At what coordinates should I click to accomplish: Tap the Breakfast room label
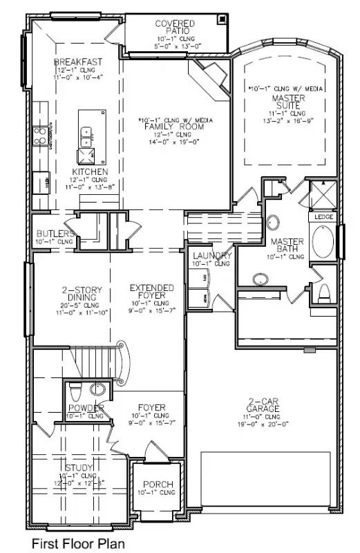pyautogui.click(x=79, y=62)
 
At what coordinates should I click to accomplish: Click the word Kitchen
pyautogui.click(x=91, y=171)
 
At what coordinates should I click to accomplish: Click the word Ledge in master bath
pyautogui.click(x=324, y=217)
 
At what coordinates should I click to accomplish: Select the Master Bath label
pyautogui.click(x=287, y=245)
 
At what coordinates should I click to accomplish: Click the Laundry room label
pyautogui.click(x=211, y=256)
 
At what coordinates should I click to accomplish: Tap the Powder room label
pyautogui.click(x=85, y=408)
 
